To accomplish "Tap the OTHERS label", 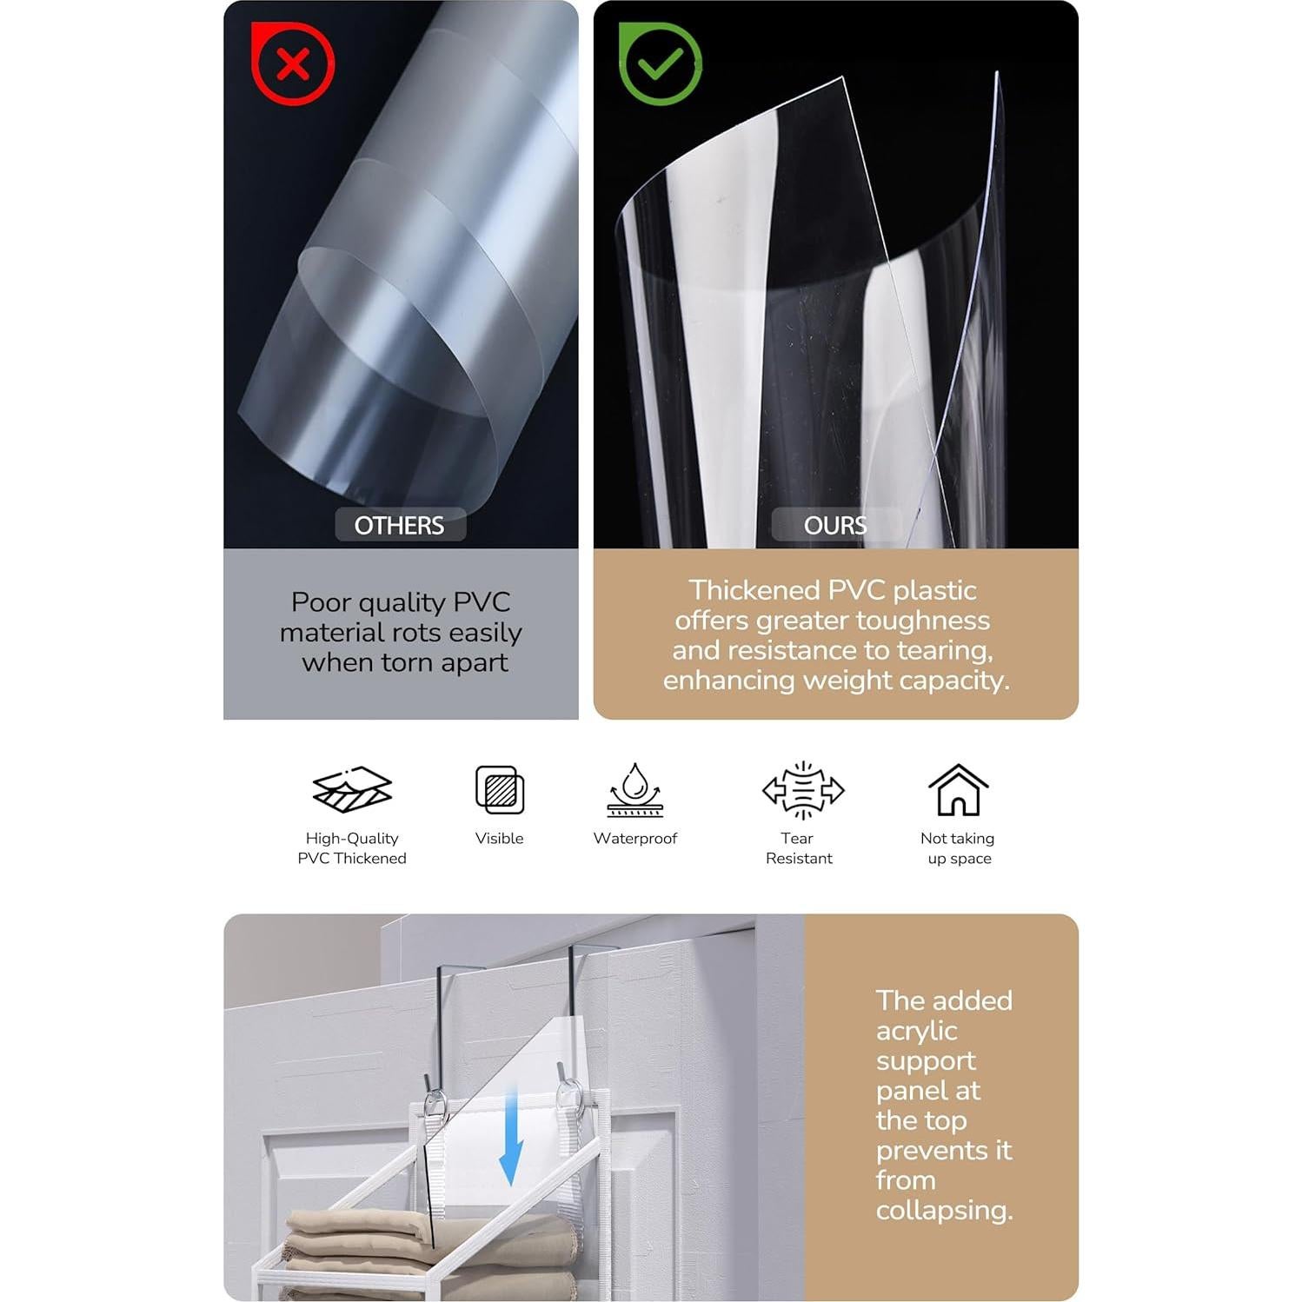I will tap(399, 526).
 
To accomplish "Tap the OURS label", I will tap(834, 526).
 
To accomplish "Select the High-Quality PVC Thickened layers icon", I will tap(352, 789).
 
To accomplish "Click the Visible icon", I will tap(500, 789).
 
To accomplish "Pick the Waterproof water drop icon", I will tap(635, 789).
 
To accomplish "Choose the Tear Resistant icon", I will tap(802, 790).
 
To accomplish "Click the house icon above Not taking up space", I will tap(958, 789).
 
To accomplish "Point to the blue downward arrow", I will tap(511, 1139).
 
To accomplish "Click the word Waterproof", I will tap(635, 839).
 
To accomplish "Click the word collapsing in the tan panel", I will tap(944, 1210).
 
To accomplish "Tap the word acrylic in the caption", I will tap(916, 1031).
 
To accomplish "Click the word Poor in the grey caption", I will tap(320, 601).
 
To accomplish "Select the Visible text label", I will tap(500, 839).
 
